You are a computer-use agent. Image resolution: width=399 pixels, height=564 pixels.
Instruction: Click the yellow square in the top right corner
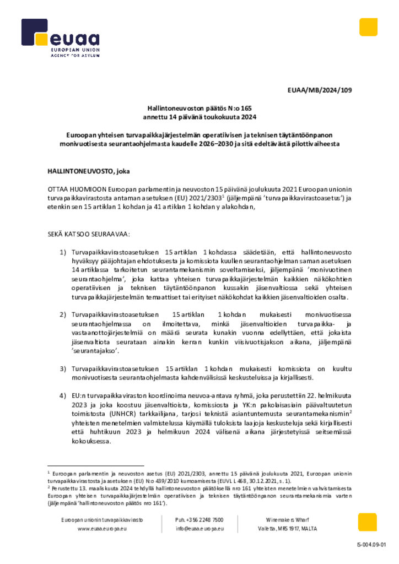(368, 27)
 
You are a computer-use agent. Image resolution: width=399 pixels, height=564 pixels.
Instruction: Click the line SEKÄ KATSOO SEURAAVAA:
(89, 234)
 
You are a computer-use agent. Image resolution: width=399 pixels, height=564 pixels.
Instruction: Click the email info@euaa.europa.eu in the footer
(199, 529)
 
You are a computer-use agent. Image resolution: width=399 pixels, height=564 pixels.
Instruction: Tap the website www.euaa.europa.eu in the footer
(103, 529)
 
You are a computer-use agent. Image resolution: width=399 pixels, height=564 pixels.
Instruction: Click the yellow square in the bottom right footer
(367, 522)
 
